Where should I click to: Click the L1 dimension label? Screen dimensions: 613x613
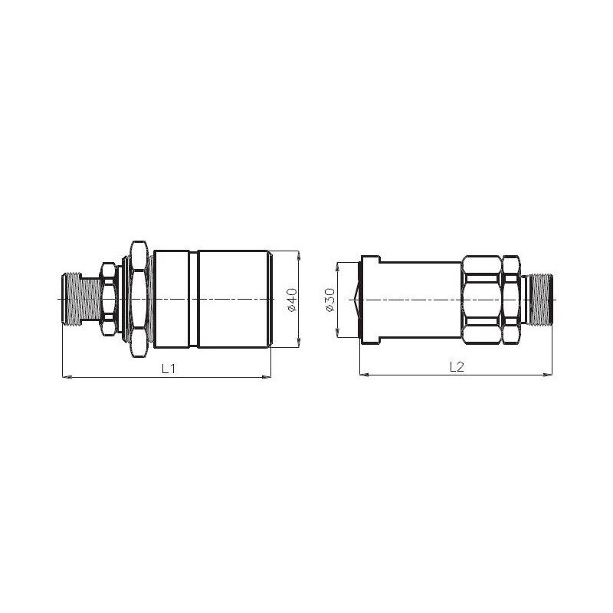(x=169, y=368)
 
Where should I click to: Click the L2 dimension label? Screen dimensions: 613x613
(x=457, y=367)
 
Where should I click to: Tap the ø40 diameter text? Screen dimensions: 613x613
(x=291, y=299)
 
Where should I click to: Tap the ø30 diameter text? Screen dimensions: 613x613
(x=329, y=299)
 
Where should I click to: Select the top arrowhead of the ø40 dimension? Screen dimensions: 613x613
(x=299, y=254)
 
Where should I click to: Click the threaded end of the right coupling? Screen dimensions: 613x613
(x=541, y=299)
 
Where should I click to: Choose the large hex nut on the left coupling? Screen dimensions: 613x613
(x=138, y=299)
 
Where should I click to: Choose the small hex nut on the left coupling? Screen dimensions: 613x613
(x=108, y=299)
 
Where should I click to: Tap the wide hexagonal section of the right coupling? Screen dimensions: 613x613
(x=481, y=299)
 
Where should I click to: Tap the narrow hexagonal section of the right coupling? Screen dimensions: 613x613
(x=511, y=299)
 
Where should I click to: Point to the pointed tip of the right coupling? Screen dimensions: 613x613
(x=352, y=299)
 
